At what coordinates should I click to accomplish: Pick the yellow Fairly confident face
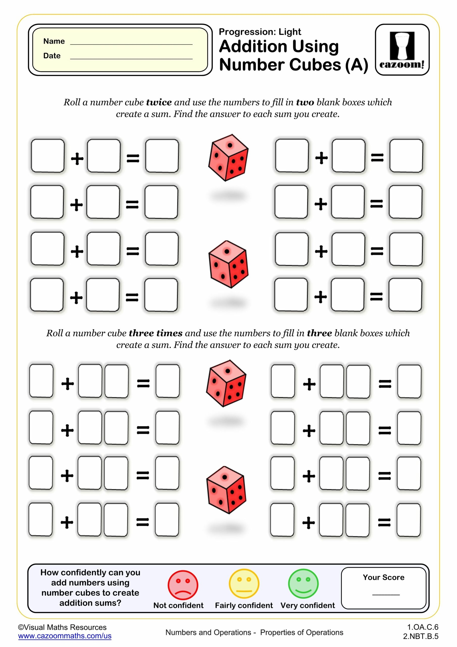(244, 584)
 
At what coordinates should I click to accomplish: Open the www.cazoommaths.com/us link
(65, 636)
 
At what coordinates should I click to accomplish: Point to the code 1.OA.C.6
(422, 627)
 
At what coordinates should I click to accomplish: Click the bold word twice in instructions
(159, 102)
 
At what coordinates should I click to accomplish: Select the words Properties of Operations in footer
(301, 632)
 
